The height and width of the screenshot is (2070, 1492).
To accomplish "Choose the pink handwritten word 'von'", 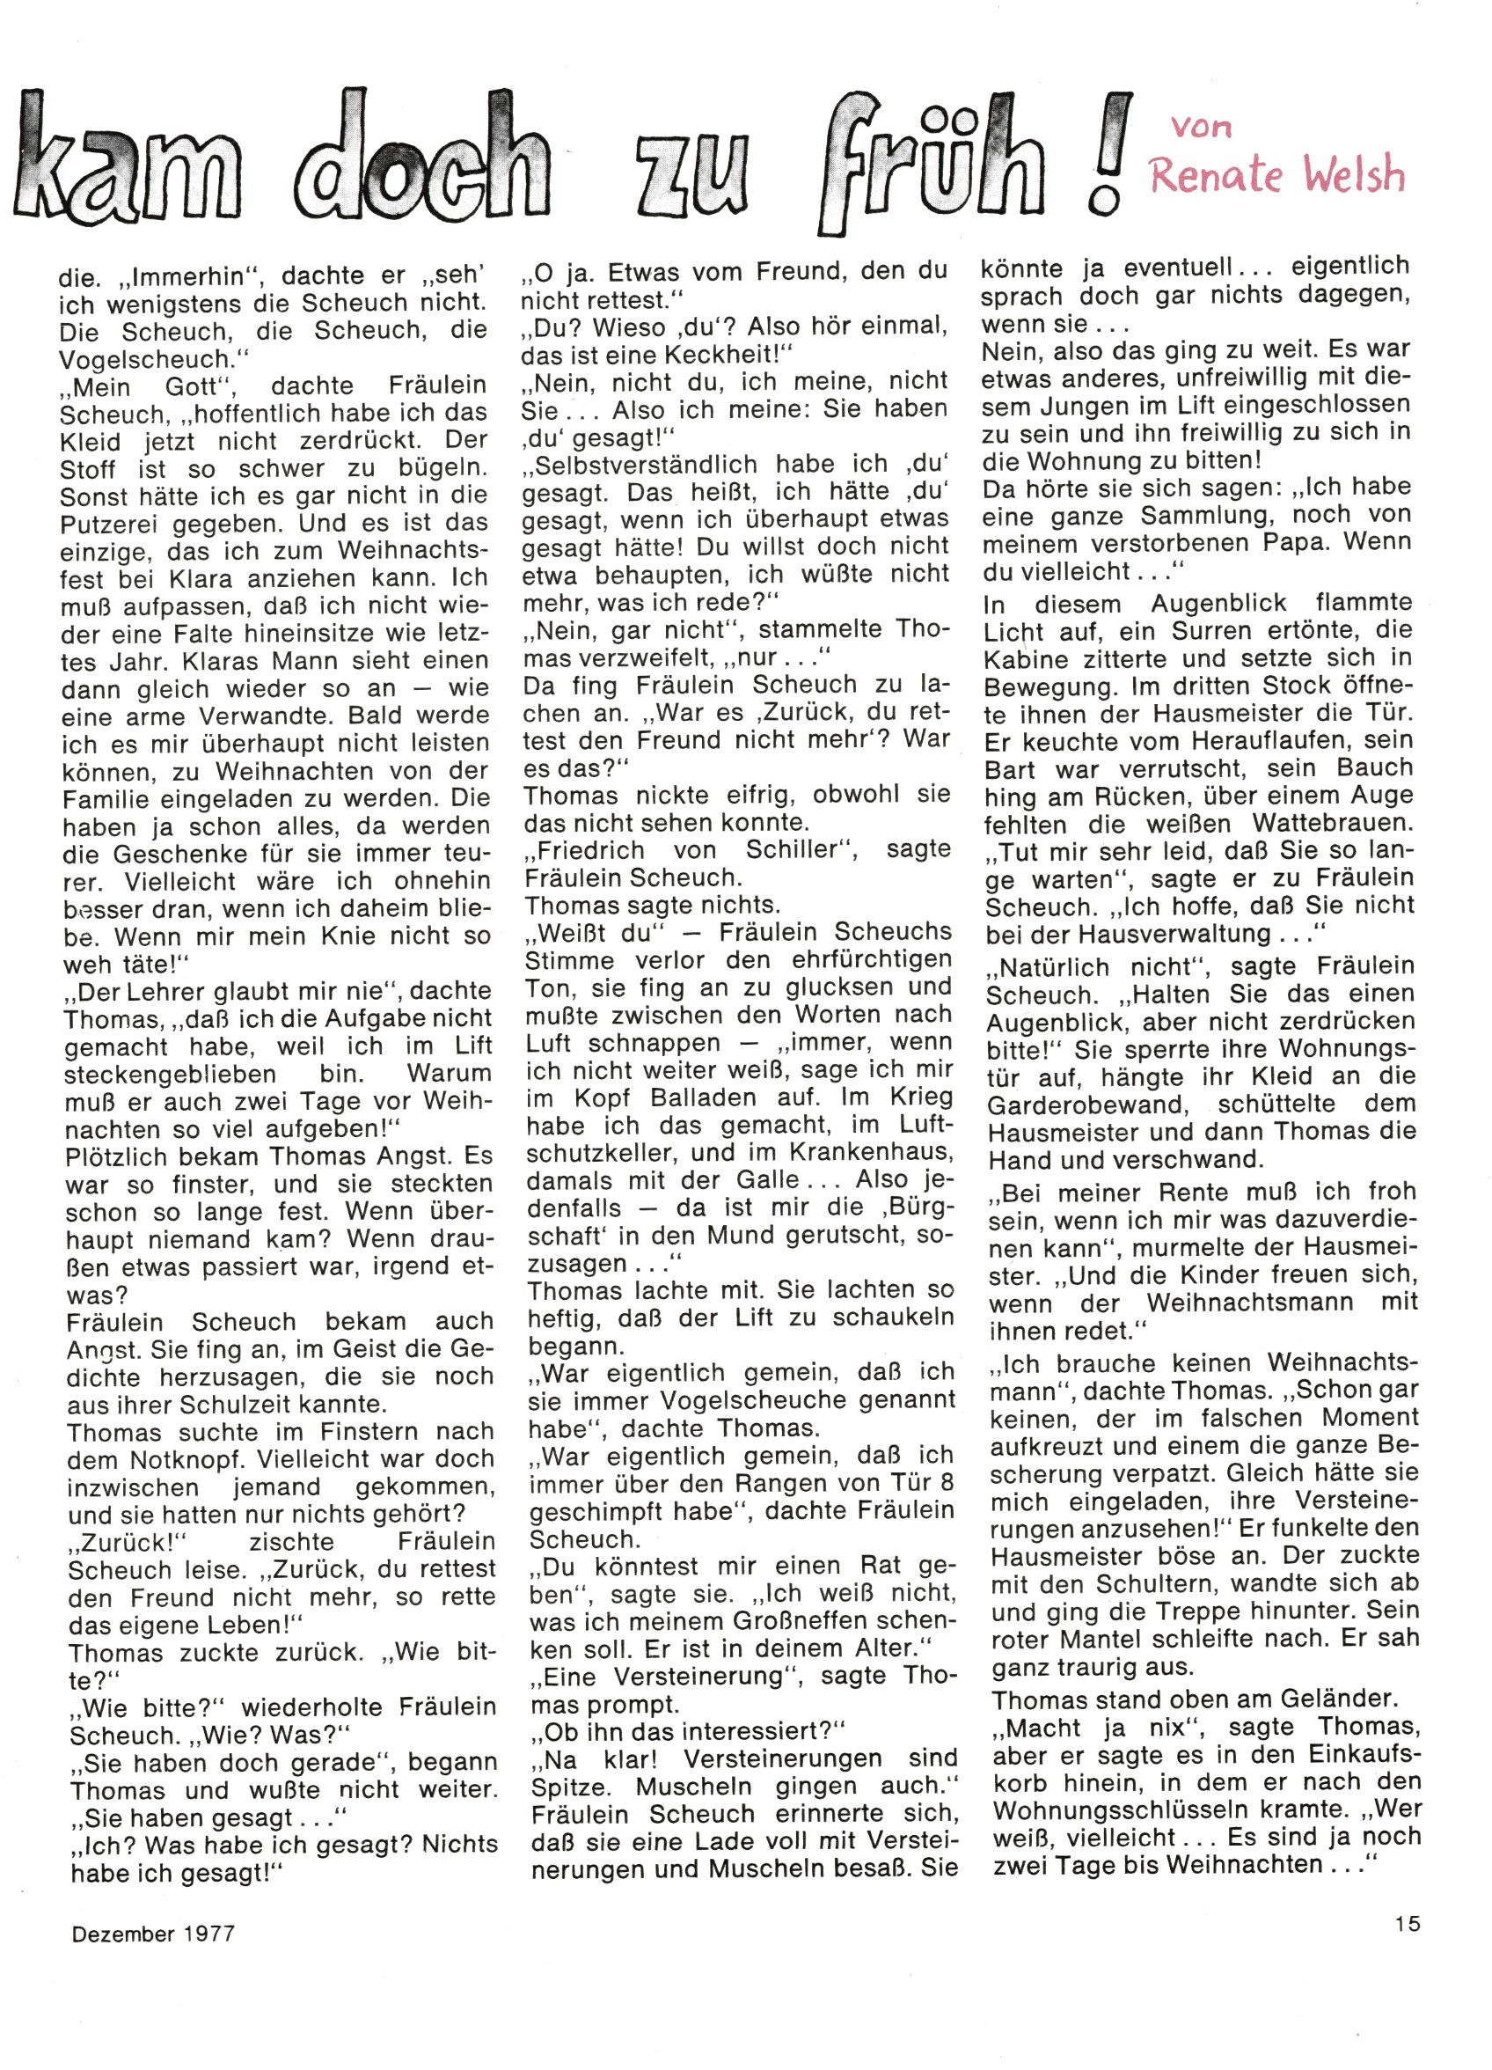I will [x=1202, y=125].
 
